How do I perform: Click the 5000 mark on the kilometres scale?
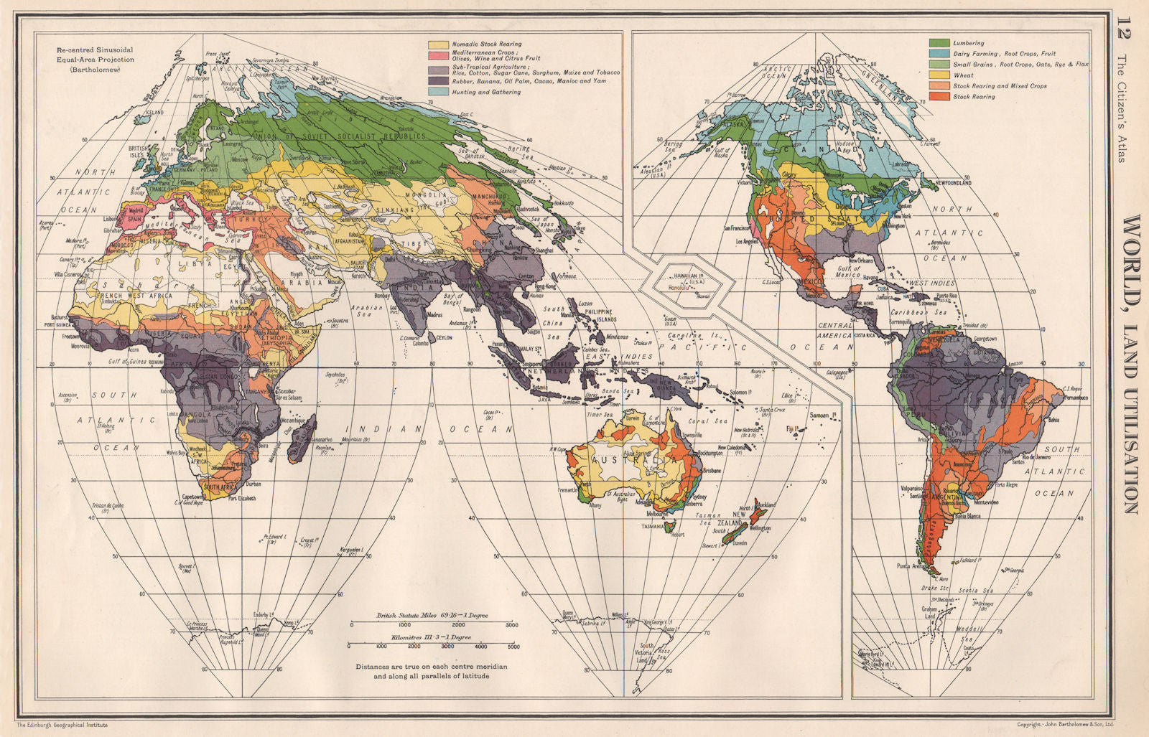513,647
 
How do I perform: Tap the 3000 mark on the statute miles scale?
511,626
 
